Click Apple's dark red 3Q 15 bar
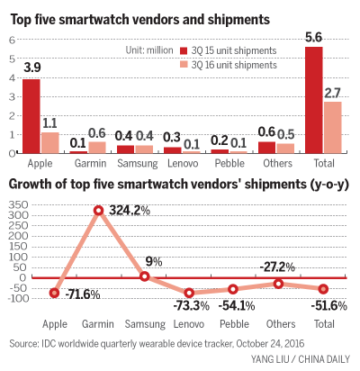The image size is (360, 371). [31, 115]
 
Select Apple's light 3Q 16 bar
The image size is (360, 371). [49, 142]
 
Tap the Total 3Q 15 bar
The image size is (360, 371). [314, 99]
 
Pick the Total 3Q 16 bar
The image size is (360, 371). [331, 127]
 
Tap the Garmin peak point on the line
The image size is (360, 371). [98, 211]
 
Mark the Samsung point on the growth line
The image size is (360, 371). [144, 276]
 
